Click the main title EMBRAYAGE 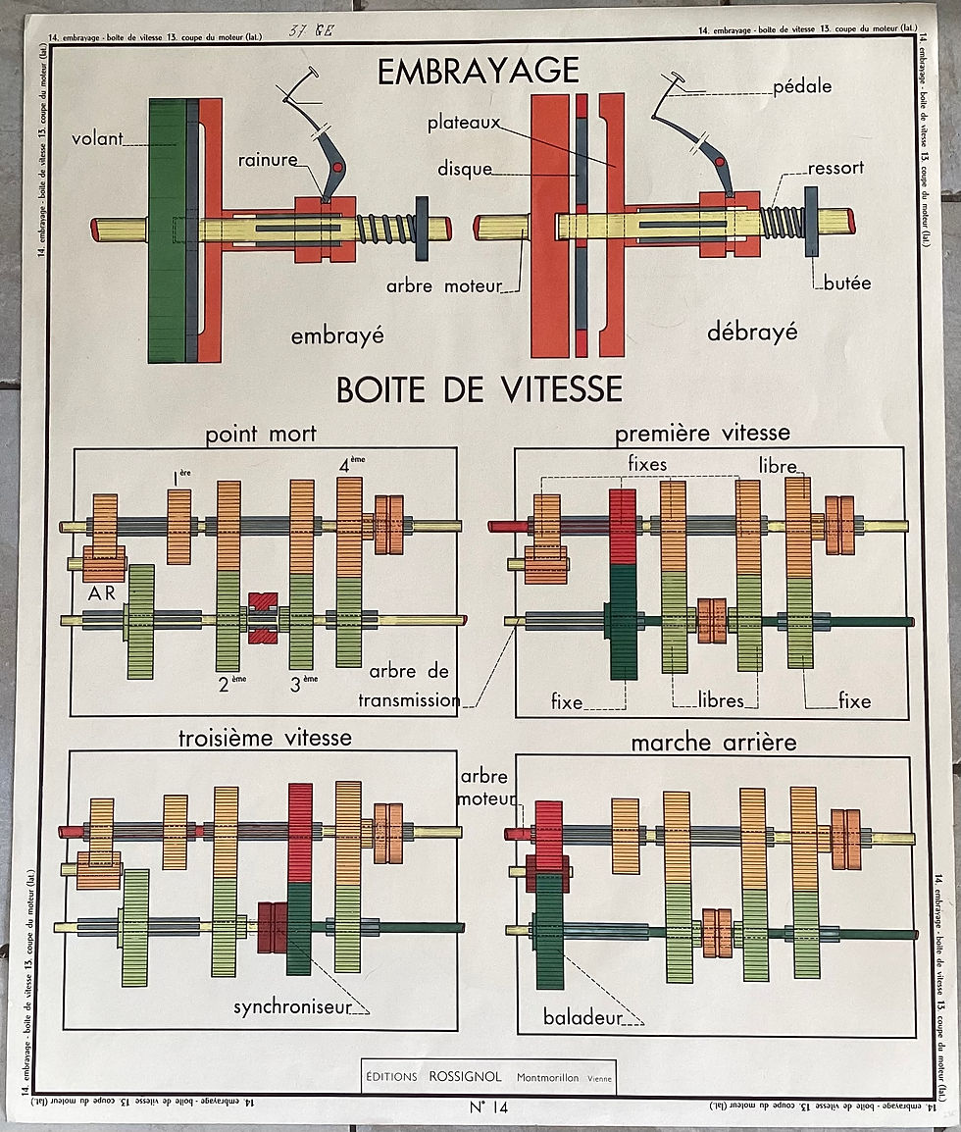pos(479,71)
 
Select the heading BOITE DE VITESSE pos(479,389)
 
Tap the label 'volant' pos(97,139)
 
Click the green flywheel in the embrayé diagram pos(167,231)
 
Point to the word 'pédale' pos(802,86)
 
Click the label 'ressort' pos(835,168)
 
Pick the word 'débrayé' pos(752,332)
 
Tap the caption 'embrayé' pos(336,335)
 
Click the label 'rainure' pos(267,160)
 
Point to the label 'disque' pos(465,169)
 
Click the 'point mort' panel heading pos(261,434)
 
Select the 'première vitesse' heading pos(701,433)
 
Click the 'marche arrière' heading pos(713,743)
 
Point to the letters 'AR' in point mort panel pos(101,594)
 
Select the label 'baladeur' pos(582,1018)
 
